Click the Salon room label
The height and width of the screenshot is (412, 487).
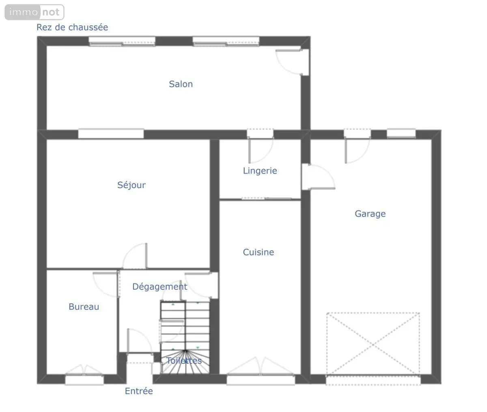tap(181, 84)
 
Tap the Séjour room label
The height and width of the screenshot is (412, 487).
tap(131, 185)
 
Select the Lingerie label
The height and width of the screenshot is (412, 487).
tap(260, 171)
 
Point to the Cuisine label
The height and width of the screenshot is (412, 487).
tap(259, 252)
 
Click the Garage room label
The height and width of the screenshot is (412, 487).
tap(370, 214)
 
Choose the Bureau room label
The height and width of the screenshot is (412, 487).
tap(84, 306)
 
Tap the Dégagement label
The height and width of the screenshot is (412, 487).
tap(160, 287)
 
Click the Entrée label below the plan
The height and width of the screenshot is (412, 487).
tap(139, 391)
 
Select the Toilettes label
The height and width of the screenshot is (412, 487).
tap(184, 360)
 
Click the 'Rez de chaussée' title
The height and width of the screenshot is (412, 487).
tap(72, 27)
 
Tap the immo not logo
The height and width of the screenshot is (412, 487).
tap(34, 12)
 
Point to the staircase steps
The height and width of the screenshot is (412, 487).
tap(185, 338)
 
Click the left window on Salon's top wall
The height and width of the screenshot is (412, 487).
tap(122, 41)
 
